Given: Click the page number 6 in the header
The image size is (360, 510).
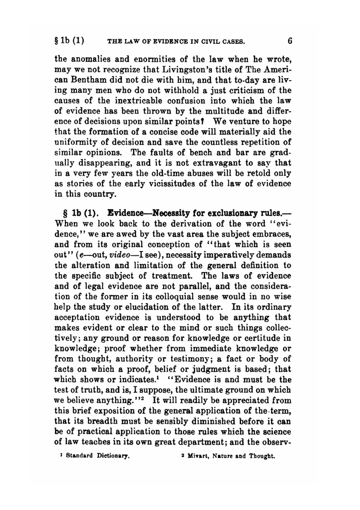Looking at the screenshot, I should pyautogui.click(x=290, y=41).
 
